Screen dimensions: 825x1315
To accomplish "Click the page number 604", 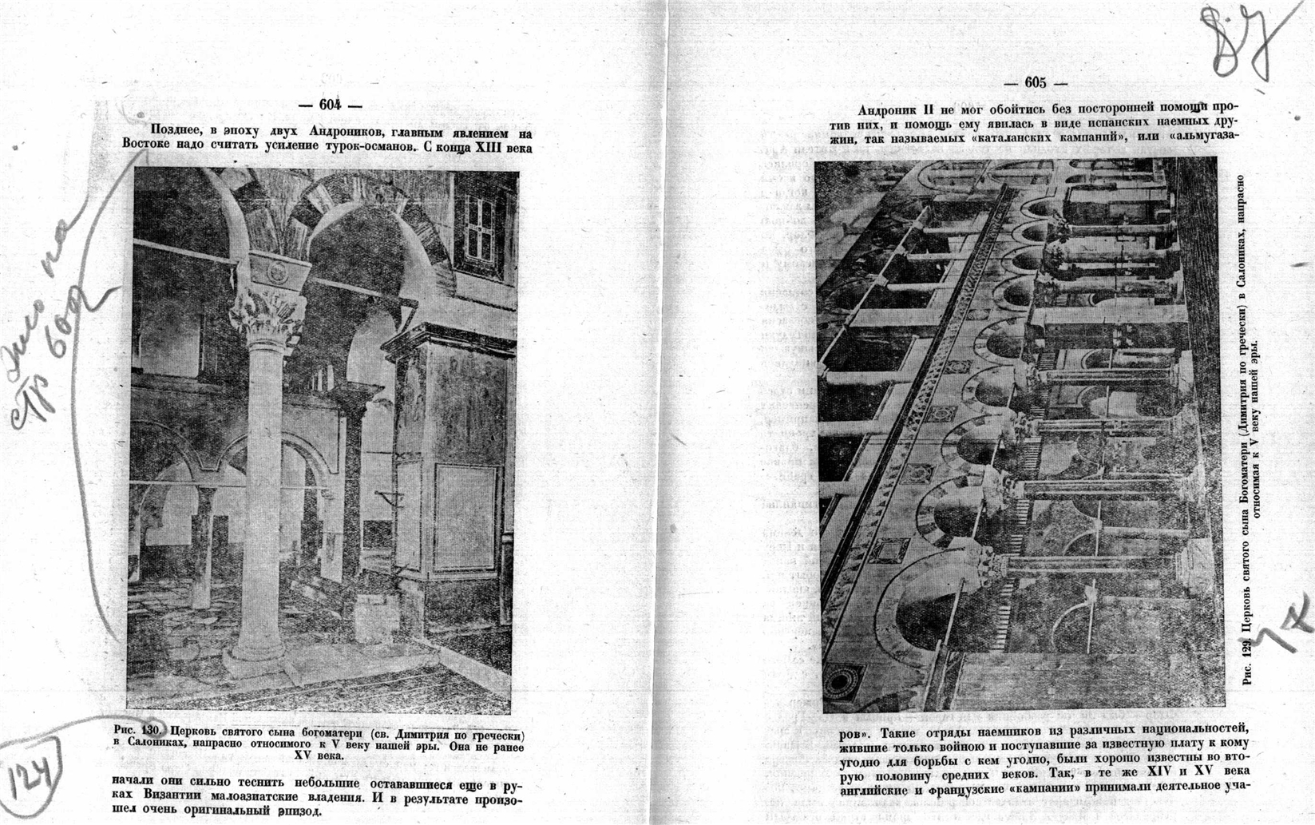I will tap(330, 104).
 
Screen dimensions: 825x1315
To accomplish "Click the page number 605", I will tap(1035, 82).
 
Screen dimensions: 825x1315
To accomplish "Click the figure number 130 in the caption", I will tap(152, 731).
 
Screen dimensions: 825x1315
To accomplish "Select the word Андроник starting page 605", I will tap(888, 110).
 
